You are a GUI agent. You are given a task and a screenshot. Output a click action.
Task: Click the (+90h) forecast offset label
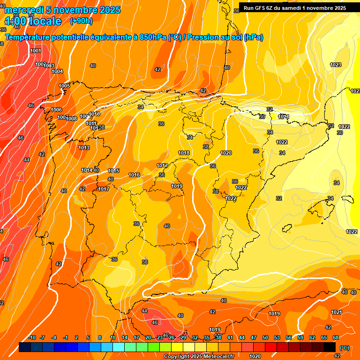(81, 21)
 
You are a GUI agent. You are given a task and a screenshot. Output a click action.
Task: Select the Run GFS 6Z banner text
(294, 7)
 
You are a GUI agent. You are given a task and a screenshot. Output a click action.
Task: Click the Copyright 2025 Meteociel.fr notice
(199, 356)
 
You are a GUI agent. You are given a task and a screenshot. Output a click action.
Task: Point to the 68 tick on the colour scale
(336, 337)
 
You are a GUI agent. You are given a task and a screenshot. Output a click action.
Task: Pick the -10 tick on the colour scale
(32, 337)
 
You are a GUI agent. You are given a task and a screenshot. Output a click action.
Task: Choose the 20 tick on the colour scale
(148, 337)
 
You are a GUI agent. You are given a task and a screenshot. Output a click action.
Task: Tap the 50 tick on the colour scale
(265, 337)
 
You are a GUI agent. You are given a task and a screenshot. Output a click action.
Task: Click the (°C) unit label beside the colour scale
(344, 347)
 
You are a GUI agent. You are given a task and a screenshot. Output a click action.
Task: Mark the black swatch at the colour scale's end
(330, 347)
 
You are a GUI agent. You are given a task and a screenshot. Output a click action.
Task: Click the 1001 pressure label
(36, 51)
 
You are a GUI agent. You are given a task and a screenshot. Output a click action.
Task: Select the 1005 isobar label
(65, 86)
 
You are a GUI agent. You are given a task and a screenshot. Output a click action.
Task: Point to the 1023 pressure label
(336, 65)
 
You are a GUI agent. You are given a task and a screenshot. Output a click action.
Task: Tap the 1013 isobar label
(84, 148)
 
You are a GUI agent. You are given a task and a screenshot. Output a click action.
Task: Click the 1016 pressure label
(134, 175)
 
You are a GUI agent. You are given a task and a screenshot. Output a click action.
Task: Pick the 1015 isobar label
(113, 171)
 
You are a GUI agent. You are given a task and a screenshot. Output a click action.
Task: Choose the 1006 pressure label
(56, 110)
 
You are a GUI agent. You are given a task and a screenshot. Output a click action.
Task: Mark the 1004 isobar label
(57, 71)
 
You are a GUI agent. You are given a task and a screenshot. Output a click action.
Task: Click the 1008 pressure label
(71, 119)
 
